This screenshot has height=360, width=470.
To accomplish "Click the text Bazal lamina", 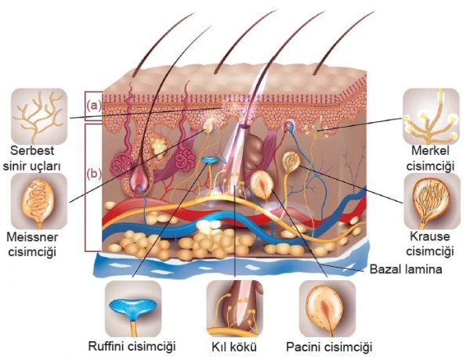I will pyautogui.click(x=404, y=270).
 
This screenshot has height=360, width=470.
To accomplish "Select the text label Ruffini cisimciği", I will pyautogui.click(x=132, y=346).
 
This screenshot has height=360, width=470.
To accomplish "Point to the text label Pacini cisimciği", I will pyautogui.click(x=329, y=346).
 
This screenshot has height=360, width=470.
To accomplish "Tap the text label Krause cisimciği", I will pyautogui.click(x=432, y=243).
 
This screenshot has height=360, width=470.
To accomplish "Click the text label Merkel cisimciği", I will pyautogui.click(x=432, y=157).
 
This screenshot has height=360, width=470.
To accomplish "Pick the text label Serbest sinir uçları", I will pyautogui.click(x=37, y=157).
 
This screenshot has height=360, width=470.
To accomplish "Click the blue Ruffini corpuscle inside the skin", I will pyautogui.click(x=209, y=163).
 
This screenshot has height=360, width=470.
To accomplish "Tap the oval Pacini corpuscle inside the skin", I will pyautogui.click(x=262, y=185).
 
